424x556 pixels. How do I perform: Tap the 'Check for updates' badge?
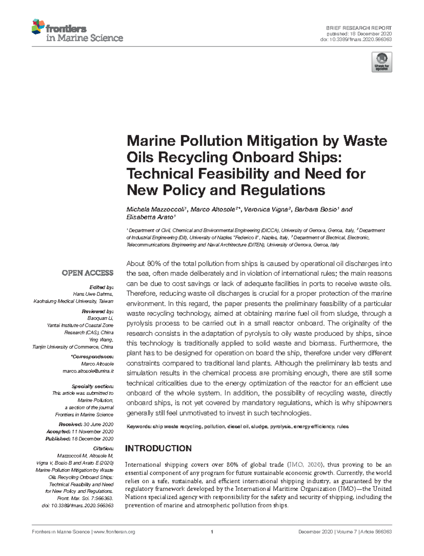382,62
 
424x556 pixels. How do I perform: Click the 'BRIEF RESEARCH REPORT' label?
359,28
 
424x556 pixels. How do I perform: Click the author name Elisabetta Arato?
150,217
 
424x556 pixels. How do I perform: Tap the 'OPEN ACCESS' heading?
87,273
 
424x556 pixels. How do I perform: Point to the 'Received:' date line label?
70,424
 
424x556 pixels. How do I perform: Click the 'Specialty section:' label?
92,386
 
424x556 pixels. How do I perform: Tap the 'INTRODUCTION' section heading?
158,449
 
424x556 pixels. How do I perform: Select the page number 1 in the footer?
212,532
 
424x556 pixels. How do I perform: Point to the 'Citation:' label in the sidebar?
103,448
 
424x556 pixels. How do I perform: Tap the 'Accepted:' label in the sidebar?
58,432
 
